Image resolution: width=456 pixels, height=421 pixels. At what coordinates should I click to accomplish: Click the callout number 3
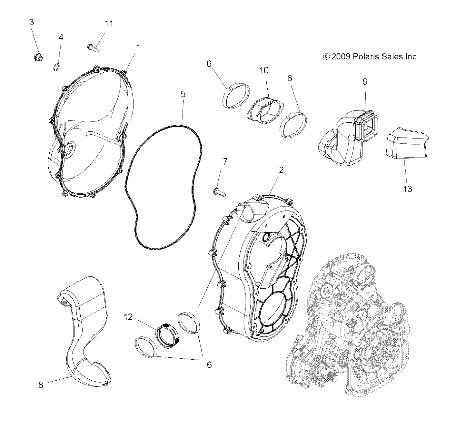click(31, 22)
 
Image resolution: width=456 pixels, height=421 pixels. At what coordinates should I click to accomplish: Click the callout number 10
click(264, 70)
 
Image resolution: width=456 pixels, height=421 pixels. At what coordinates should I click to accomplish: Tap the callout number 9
click(365, 81)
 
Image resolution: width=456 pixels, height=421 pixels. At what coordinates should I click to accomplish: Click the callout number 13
click(408, 189)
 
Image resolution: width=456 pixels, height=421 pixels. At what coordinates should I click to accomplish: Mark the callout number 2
click(281, 170)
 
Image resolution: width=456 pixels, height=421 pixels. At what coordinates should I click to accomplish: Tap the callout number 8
click(41, 385)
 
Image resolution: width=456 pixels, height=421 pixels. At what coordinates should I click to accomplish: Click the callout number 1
click(138, 47)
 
